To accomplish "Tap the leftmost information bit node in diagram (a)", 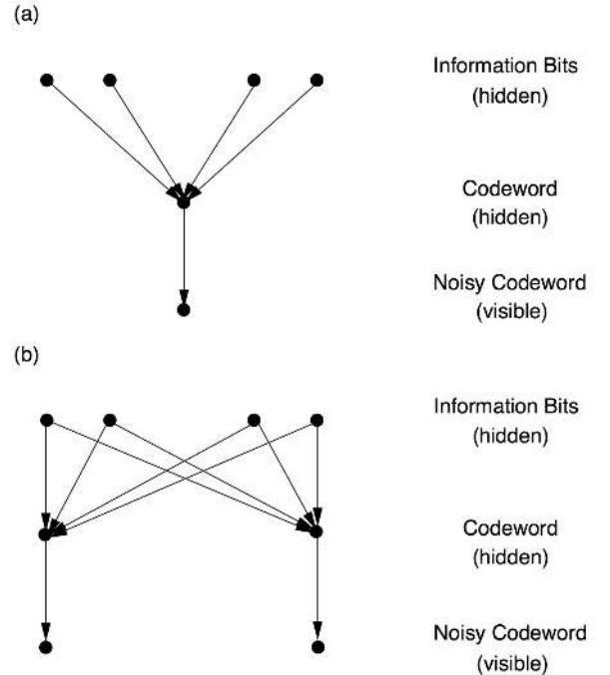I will coord(45,80).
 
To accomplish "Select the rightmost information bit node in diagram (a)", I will coord(317,80).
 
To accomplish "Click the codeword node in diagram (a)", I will coord(183,202).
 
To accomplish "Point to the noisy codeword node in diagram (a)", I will coord(183,310).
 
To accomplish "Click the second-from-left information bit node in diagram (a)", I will coord(110,80).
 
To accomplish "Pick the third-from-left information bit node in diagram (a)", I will coord(254,80).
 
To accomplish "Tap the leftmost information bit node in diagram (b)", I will coord(45,420).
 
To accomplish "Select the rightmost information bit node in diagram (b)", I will coord(317,420).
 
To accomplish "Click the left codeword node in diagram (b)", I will coord(45,534).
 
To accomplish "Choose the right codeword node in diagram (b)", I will coord(317,532).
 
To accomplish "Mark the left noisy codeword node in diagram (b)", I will coord(45,647).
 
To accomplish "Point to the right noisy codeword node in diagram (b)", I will coord(317,647).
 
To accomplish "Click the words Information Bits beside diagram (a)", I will coord(496,68).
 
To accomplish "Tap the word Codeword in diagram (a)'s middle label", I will coord(496,189).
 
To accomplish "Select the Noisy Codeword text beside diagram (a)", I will coord(496,283).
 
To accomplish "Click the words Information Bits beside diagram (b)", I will coord(496,407).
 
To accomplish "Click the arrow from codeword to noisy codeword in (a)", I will coord(183,254).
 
